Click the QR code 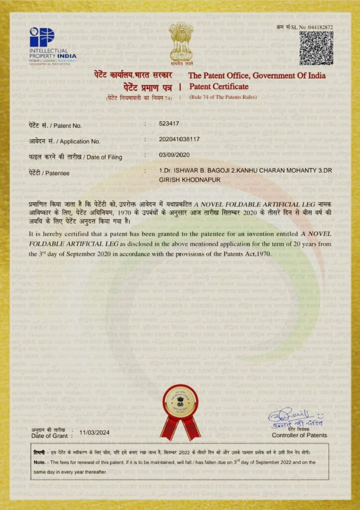pos(316,48)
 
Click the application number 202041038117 pos(180,139)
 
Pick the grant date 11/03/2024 pos(95,432)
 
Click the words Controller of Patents pos(299,435)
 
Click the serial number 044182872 pos(320,27)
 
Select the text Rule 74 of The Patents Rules pos(223,97)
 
